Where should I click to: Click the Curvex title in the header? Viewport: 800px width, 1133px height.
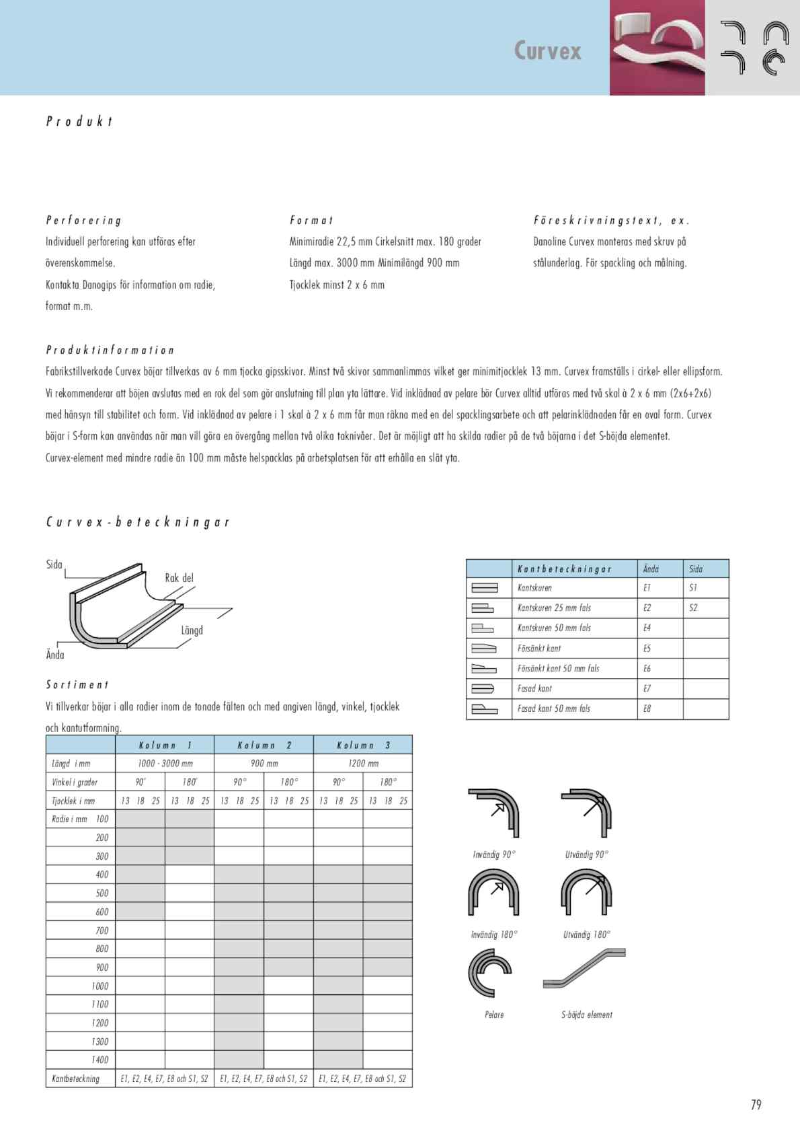tap(547, 51)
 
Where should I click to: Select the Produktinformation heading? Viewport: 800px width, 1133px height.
tap(110, 351)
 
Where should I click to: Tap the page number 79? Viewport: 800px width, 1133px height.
tap(756, 1105)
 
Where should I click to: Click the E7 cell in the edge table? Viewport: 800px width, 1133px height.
tap(647, 688)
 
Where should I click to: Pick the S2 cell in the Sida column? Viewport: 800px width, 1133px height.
tap(693, 608)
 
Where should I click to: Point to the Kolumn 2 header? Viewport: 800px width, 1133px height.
tap(264, 745)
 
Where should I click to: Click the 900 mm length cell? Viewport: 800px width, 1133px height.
tap(264, 764)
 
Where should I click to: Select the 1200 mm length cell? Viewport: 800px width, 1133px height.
tap(363, 764)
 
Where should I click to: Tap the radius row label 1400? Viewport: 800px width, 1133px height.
tap(99, 1060)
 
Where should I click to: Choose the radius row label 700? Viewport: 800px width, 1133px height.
tap(102, 930)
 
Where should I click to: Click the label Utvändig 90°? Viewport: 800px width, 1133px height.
tap(587, 854)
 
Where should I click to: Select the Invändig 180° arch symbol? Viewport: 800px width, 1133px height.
tap(493, 896)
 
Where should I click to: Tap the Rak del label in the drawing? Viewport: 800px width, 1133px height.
tap(179, 578)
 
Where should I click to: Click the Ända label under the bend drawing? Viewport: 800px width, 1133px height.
tap(55, 655)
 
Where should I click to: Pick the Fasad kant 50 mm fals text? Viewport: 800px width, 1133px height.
tap(554, 708)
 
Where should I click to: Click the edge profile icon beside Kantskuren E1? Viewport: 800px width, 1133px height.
tap(484, 588)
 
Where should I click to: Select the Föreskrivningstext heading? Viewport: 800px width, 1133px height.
tap(611, 221)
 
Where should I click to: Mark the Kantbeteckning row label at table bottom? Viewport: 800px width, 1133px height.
tap(75, 1079)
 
